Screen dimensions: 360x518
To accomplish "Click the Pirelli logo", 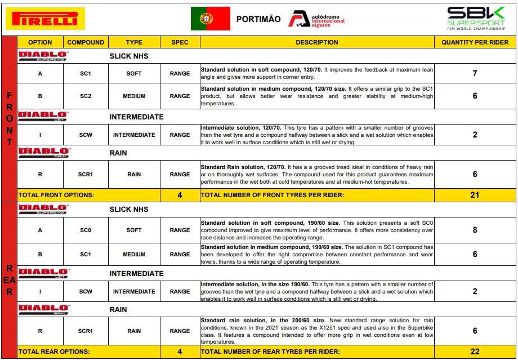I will tap(45, 19).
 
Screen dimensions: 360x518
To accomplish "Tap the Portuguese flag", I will tap(211, 19).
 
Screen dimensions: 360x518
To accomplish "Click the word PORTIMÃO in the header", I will tap(258, 19).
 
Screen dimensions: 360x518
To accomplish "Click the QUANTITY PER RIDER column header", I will tap(475, 42).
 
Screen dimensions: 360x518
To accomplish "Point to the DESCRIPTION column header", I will tap(317, 42).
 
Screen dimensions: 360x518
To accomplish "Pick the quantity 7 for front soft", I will tap(475, 74).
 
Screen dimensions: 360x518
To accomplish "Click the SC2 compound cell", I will tap(86, 96).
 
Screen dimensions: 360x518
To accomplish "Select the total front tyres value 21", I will tap(475, 195).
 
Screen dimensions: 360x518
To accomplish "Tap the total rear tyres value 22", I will tap(475, 352).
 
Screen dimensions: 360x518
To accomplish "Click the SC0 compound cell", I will tap(86, 230).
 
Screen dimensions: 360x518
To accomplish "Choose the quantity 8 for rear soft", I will tap(475, 230).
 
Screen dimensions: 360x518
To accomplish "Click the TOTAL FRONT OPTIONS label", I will tap(56, 195).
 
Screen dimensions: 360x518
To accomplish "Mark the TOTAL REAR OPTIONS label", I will tap(54, 352).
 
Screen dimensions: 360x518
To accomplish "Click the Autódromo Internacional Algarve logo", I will tap(316, 19).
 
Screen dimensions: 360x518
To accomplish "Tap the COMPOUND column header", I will tap(86, 42).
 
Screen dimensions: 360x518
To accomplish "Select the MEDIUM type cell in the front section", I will tap(134, 96).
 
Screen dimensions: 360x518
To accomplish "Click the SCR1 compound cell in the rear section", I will tap(86, 331).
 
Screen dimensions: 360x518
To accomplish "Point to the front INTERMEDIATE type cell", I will tap(134, 135).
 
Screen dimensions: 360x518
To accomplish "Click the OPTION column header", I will tap(40, 42).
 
